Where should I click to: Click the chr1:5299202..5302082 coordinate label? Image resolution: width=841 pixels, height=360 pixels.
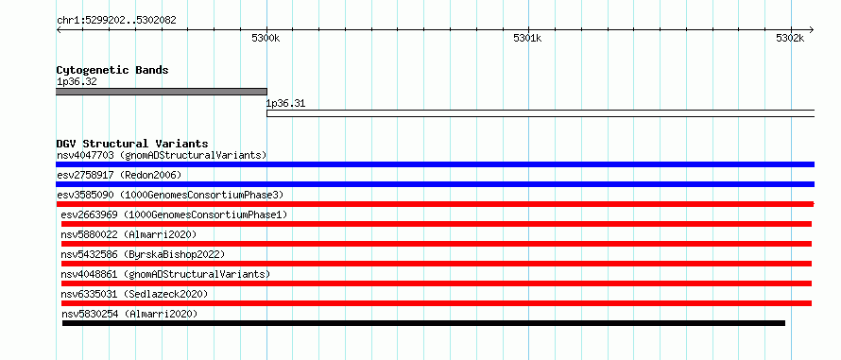tap(116, 21)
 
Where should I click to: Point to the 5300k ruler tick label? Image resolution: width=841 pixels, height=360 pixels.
tap(266, 38)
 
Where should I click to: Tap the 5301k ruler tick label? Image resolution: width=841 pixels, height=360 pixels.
tap(528, 38)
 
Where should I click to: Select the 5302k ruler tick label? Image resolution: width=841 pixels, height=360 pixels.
tap(790, 38)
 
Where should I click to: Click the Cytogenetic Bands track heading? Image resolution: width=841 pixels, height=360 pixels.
tap(112, 70)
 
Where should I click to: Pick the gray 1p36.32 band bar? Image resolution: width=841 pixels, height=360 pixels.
tap(162, 92)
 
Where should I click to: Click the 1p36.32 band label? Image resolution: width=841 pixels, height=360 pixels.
tap(77, 81)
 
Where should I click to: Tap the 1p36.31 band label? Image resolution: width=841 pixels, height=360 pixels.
tap(285, 104)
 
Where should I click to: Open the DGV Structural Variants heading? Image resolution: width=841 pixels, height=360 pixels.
tap(132, 144)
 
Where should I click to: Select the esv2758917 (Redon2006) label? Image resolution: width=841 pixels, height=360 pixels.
tap(119, 176)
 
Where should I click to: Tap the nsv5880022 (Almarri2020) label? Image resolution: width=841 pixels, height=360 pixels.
tap(129, 234)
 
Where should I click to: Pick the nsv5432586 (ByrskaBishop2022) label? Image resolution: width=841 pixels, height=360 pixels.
tap(143, 254)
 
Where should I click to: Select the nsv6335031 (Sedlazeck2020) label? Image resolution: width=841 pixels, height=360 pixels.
tap(134, 294)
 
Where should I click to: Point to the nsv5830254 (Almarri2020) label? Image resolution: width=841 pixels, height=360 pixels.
tap(129, 314)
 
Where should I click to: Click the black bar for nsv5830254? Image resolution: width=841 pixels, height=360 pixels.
tap(423, 323)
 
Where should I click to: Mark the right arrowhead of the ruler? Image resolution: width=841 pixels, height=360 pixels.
tap(812, 29)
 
